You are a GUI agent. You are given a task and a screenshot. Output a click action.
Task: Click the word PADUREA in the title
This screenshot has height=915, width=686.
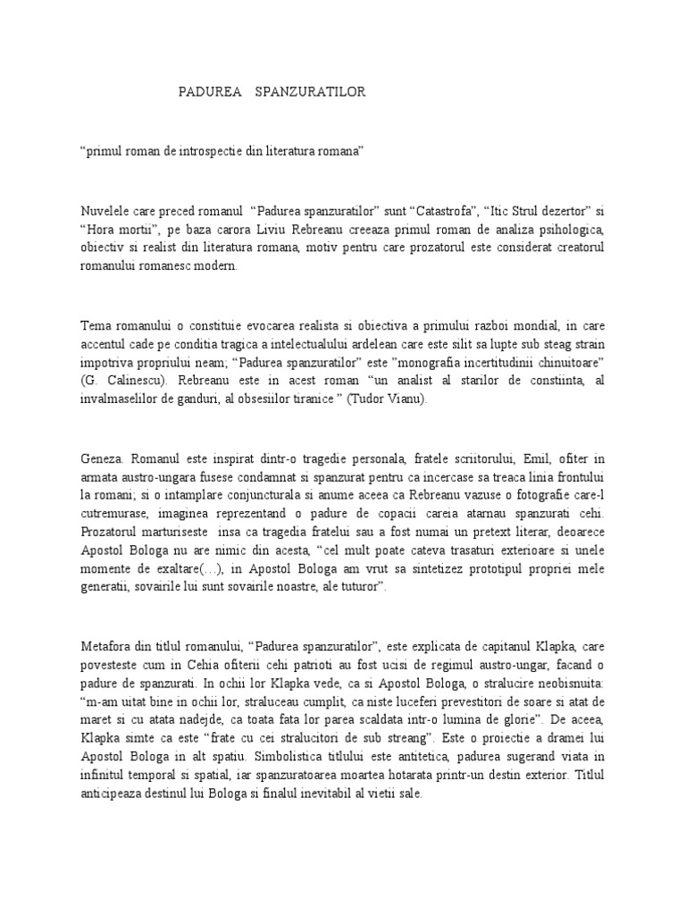coord(204,93)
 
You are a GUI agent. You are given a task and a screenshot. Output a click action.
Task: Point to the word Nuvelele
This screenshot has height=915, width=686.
coord(105,212)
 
